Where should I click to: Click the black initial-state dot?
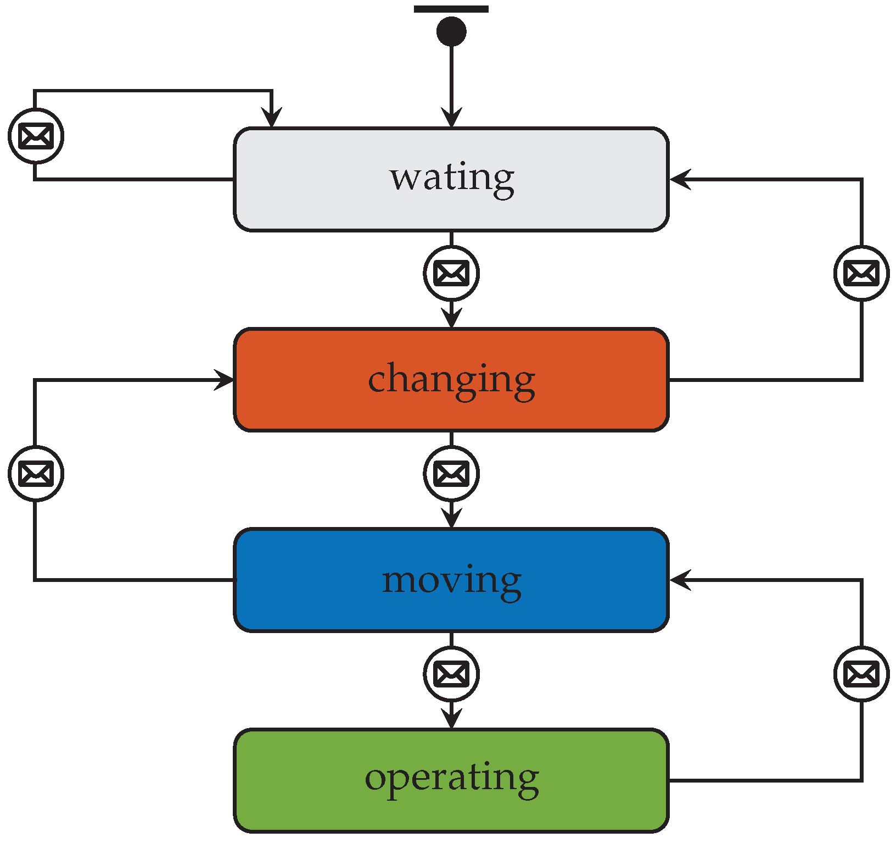tap(451, 31)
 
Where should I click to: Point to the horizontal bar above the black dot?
tap(451, 9)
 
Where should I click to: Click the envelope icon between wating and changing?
tap(451, 273)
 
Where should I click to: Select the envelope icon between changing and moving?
tap(451, 474)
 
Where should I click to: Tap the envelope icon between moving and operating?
tap(451, 674)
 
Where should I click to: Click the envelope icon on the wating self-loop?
tap(36, 136)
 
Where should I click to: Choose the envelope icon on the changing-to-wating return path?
tap(861, 273)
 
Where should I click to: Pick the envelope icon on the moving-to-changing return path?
tap(36, 474)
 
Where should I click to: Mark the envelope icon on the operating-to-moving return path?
tap(861, 674)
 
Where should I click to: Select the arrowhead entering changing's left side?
tap(224, 380)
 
